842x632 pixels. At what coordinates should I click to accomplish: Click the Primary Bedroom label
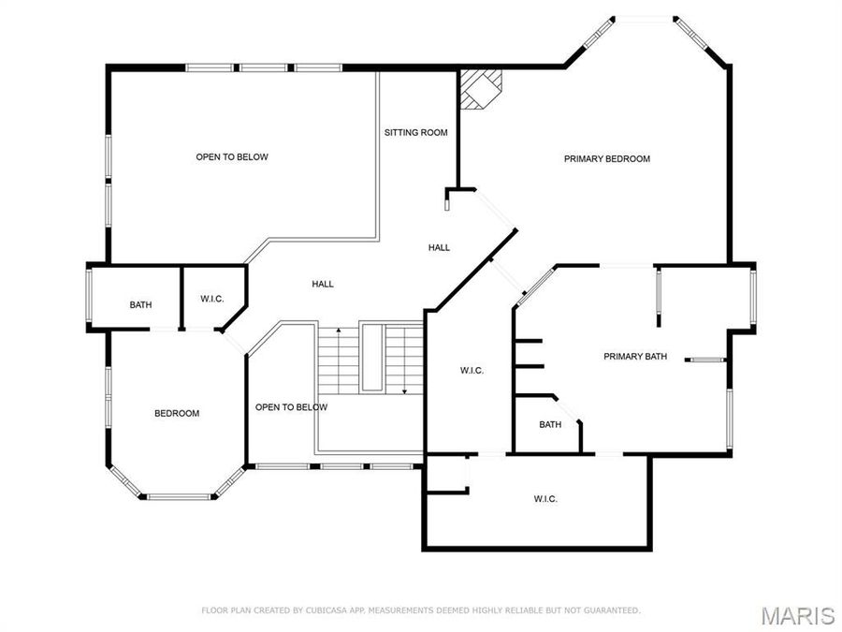click(606, 159)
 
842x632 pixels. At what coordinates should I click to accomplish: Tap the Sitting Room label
click(415, 133)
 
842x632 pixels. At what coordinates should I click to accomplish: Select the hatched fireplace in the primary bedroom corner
click(481, 88)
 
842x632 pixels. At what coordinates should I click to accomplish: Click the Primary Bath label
click(635, 356)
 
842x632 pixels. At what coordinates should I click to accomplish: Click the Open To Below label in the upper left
click(232, 157)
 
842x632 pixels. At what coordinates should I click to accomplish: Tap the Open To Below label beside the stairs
click(291, 407)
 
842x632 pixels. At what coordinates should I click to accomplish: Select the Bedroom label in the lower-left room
click(177, 413)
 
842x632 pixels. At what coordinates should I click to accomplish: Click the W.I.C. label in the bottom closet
click(545, 499)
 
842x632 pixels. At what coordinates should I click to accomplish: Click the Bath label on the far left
click(140, 305)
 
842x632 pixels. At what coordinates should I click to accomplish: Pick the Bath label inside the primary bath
click(550, 425)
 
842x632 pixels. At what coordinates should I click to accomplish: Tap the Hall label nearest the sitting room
click(439, 248)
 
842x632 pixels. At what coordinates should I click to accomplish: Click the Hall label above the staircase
click(323, 285)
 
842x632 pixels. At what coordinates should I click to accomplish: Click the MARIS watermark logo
click(797, 615)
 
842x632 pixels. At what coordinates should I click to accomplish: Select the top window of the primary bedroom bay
click(643, 17)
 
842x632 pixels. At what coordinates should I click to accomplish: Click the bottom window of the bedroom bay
click(178, 496)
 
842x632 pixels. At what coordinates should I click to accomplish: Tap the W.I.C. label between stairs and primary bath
click(472, 371)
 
